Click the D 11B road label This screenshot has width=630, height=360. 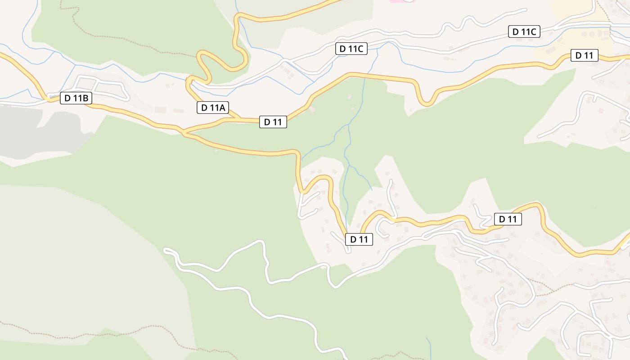click(x=76, y=98)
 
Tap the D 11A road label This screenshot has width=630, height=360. click(x=213, y=108)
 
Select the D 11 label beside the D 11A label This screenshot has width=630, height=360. click(x=273, y=122)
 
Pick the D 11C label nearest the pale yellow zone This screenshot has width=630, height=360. click(x=524, y=32)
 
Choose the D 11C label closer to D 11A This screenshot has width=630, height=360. click(x=351, y=49)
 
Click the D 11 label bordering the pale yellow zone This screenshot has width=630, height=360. click(x=584, y=56)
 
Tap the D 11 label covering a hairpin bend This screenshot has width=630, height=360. click(x=359, y=239)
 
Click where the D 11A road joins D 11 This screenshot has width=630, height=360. click(x=236, y=119)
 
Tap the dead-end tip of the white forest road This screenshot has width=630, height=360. click(x=166, y=249)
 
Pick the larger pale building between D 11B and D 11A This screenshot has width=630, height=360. click(x=160, y=110)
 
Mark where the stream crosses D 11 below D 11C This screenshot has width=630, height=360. click(x=364, y=75)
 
